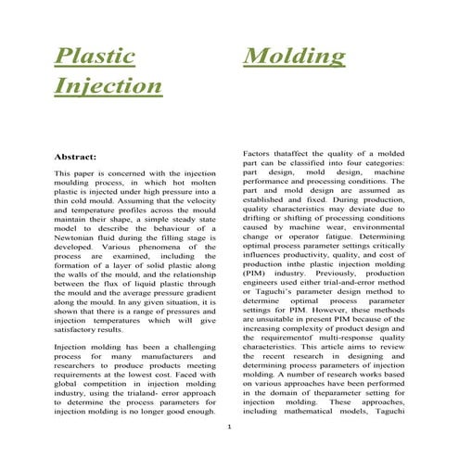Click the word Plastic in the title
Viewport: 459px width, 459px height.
(x=95, y=57)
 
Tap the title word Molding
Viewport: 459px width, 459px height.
(x=293, y=57)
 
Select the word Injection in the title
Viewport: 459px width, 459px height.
(x=108, y=86)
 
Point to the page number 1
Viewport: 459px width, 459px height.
(x=229, y=427)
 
